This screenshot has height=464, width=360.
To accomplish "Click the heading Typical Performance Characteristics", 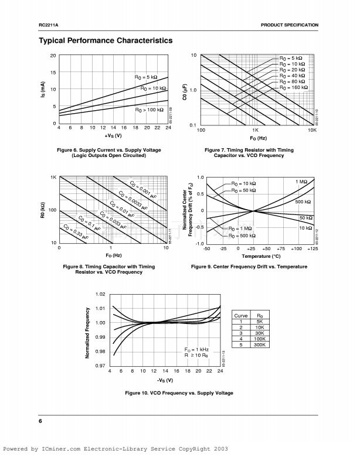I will [x=106, y=40].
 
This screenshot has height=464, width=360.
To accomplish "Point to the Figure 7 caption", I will [x=249, y=153].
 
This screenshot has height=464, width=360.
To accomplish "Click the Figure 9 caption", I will [x=249, y=267].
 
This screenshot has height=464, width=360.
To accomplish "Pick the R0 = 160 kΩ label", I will [x=292, y=87].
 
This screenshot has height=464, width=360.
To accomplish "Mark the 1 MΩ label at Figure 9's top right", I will [x=301, y=182].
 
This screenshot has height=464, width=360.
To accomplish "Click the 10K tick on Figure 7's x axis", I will [x=312, y=129].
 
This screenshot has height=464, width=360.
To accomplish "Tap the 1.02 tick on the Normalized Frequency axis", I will [x=100, y=294].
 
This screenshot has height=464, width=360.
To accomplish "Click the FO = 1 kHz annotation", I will [x=196, y=349].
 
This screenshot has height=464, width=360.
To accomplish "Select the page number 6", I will [x=40, y=421].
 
